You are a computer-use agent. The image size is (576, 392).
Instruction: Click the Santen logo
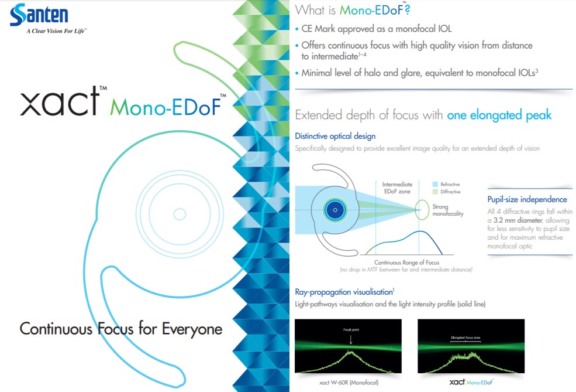point(39,15)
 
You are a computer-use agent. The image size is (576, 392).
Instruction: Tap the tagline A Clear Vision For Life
point(56,31)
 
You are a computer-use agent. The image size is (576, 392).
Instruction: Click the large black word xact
point(60,102)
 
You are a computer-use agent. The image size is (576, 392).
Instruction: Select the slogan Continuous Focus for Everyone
point(121,329)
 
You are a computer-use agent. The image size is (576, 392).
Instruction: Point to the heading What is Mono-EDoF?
point(353,9)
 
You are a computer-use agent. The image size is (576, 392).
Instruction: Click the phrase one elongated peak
point(499,115)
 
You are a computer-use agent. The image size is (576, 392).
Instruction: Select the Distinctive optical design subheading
point(335,136)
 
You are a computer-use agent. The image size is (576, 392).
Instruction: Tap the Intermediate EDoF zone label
point(397,188)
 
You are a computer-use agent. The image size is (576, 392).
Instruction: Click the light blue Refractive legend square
point(435,184)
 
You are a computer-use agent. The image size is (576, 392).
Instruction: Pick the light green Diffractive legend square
point(435,192)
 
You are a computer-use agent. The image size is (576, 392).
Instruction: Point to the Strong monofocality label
point(448,210)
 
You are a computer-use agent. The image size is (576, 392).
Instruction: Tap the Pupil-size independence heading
point(527,199)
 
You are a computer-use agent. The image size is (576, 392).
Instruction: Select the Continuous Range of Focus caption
point(406,263)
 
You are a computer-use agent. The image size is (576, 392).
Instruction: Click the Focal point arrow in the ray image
point(351,339)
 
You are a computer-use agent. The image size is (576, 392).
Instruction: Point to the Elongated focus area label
point(465,338)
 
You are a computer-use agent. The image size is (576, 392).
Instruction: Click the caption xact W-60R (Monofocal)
point(349,383)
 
